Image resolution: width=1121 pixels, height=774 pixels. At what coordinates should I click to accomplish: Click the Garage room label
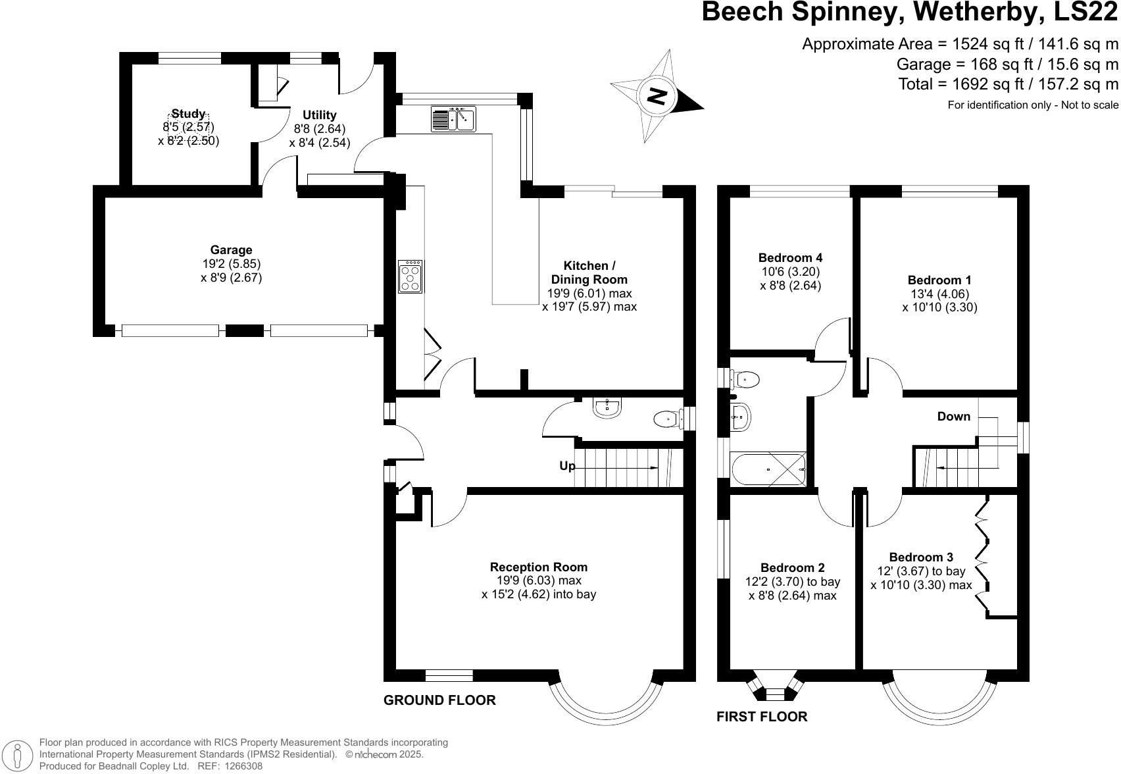click(231, 250)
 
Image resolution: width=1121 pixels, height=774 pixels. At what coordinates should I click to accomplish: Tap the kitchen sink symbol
click(453, 119)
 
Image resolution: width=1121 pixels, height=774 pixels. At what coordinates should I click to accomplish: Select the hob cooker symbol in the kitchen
click(411, 276)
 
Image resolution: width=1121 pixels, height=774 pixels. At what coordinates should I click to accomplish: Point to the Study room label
click(188, 114)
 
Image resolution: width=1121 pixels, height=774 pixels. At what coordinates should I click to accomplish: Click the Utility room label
click(319, 115)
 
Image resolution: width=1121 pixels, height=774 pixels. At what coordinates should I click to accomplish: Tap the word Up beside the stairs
click(567, 466)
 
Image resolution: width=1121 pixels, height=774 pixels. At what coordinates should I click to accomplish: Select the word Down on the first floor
click(954, 417)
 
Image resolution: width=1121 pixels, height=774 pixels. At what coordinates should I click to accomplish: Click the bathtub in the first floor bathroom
click(768, 470)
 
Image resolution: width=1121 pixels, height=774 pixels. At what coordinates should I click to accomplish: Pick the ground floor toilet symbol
click(668, 419)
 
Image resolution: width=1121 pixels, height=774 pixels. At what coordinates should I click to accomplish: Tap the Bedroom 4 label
click(790, 258)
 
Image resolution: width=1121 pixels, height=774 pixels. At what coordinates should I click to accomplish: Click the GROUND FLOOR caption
click(439, 700)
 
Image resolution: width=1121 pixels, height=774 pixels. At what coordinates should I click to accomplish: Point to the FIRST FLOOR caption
click(762, 717)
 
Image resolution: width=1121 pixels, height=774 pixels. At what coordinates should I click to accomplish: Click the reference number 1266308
click(243, 766)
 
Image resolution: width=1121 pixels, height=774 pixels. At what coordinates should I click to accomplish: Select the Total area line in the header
click(1008, 84)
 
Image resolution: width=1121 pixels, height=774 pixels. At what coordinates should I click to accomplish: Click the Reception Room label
click(539, 567)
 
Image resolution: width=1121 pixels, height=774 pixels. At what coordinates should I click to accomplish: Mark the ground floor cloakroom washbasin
click(607, 407)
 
